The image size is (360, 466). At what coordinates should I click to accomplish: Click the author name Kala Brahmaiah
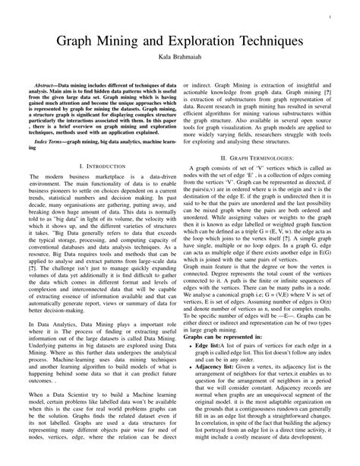180,57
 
